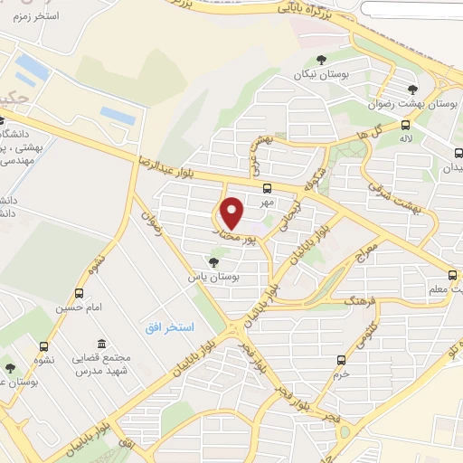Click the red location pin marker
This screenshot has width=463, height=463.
(233, 213)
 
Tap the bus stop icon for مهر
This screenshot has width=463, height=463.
(266, 189)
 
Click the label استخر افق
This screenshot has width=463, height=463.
(164, 326)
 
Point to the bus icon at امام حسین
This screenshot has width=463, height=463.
(80, 293)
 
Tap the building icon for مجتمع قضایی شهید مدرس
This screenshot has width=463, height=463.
(100, 345)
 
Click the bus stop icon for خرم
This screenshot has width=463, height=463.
(341, 359)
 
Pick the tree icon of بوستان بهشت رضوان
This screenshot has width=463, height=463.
(412, 90)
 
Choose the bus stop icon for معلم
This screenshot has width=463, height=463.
(452, 276)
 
